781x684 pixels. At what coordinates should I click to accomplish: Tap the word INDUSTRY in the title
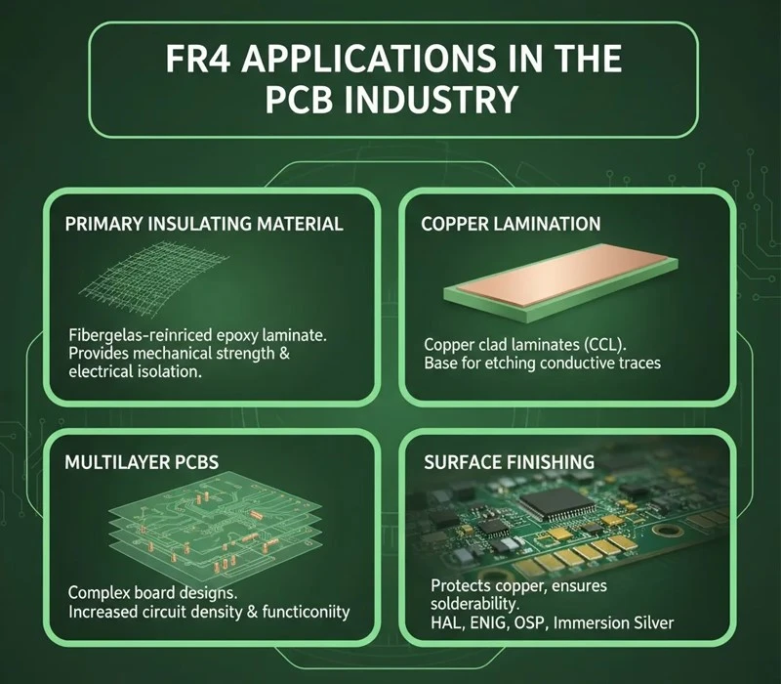(x=432, y=100)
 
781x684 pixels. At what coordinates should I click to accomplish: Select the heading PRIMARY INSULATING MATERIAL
(x=204, y=224)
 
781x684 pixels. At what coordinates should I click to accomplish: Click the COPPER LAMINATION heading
(x=511, y=224)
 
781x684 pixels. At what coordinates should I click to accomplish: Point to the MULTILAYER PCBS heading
(x=142, y=462)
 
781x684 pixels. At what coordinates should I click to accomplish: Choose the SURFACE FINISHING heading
(x=509, y=462)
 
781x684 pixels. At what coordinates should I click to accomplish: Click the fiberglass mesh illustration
(x=154, y=278)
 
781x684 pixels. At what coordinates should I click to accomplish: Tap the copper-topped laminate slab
(x=560, y=281)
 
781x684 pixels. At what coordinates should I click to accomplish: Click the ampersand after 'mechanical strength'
(x=284, y=354)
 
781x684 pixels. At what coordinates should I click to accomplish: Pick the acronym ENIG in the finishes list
(x=491, y=623)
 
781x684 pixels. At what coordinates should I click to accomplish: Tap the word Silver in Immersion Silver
(x=652, y=622)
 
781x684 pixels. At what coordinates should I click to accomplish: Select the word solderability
(x=474, y=604)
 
